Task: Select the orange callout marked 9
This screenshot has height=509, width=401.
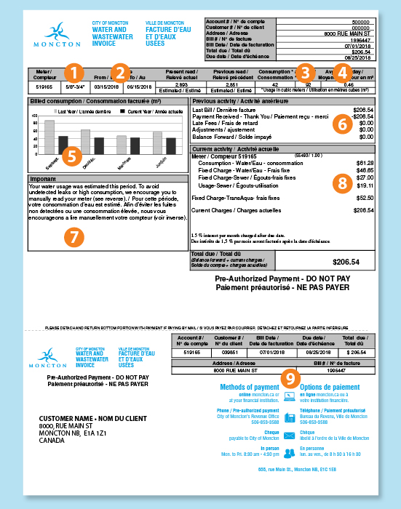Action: coord(290,377)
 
